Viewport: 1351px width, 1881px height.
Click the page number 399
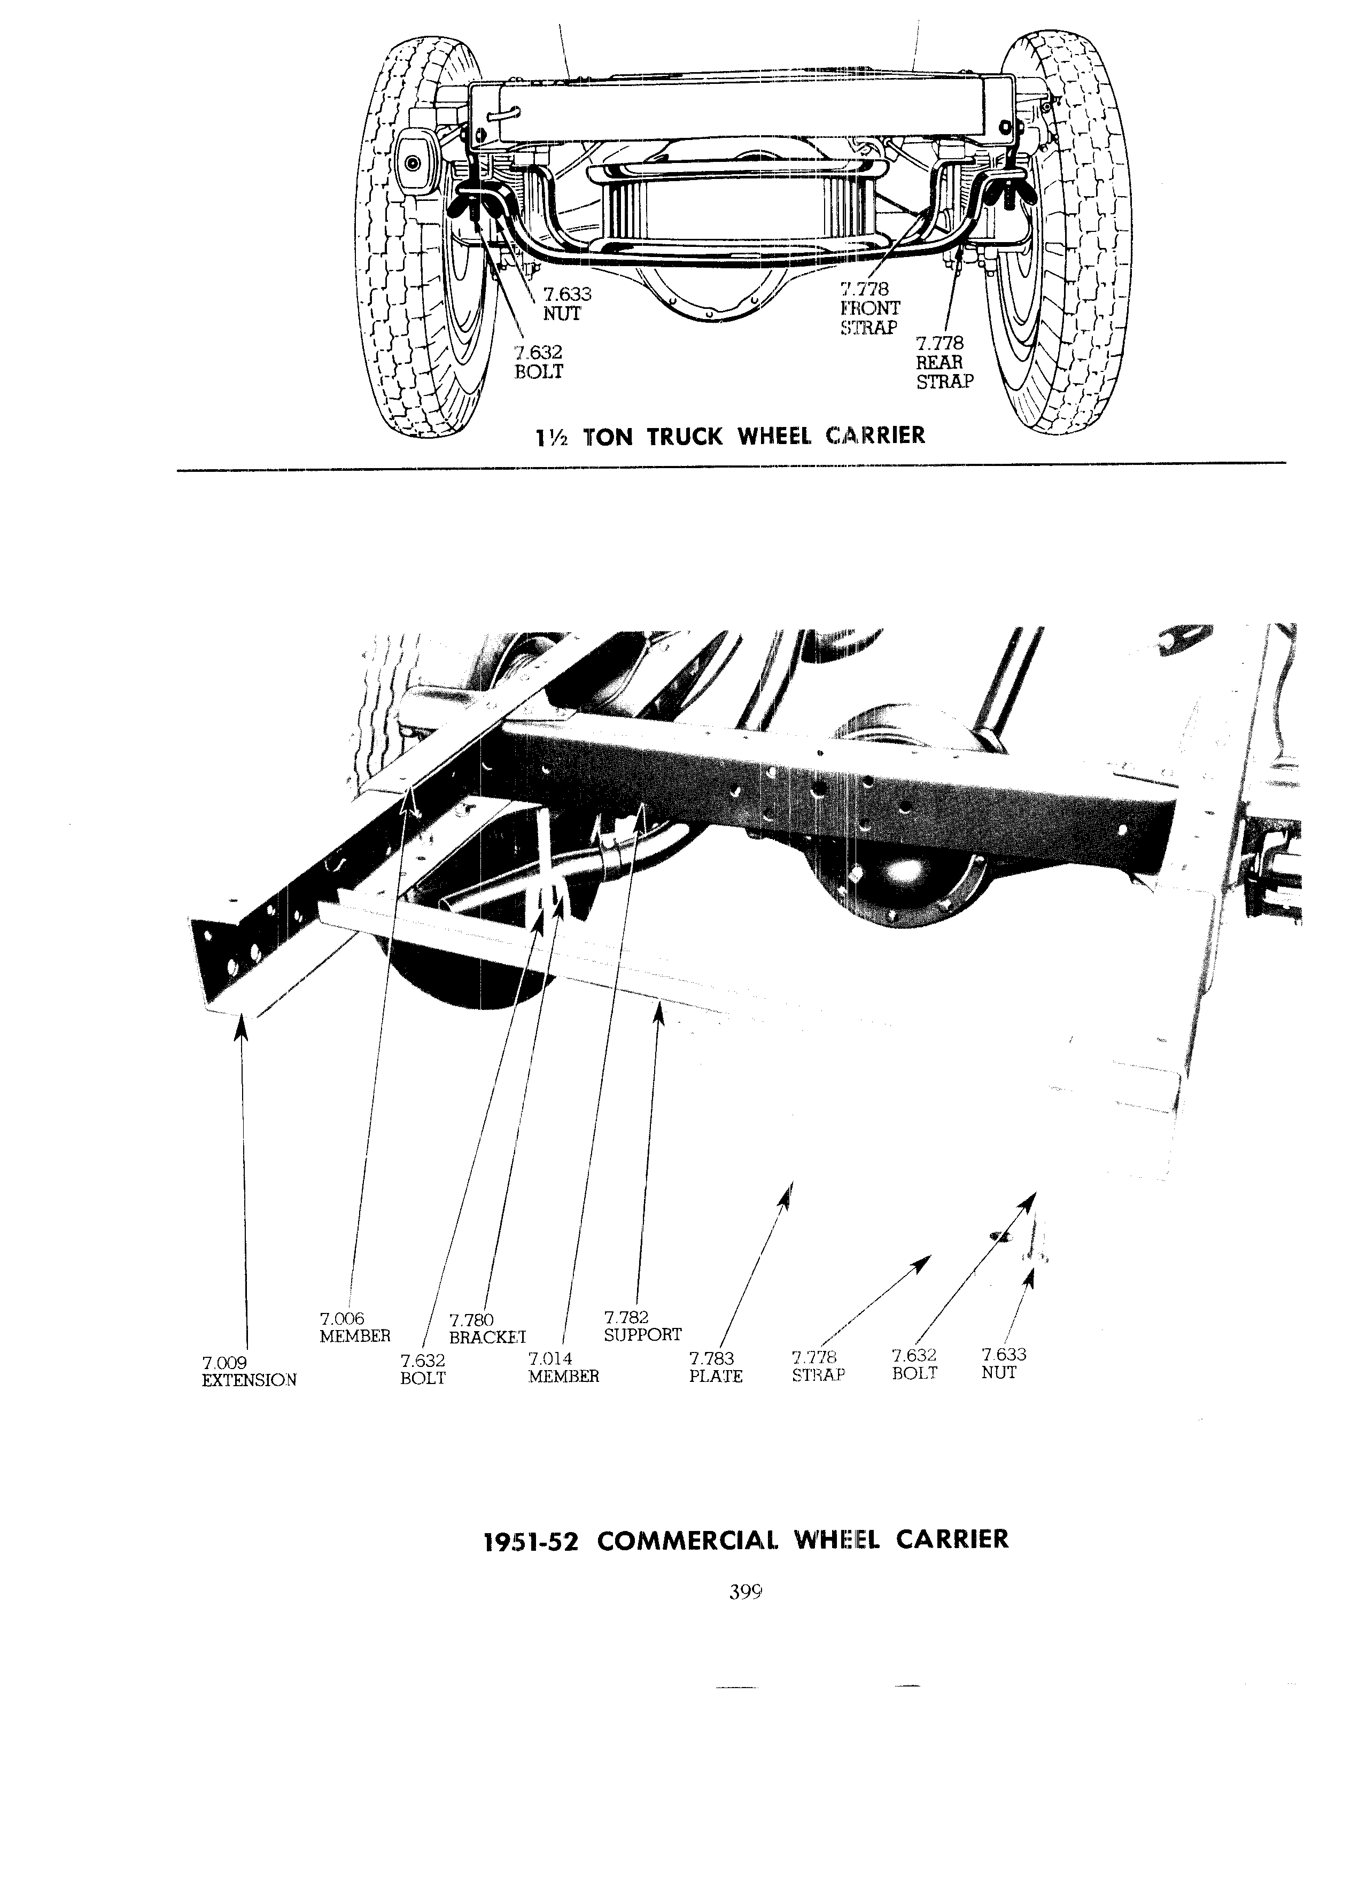745,1591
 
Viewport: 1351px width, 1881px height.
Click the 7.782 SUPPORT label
643,1326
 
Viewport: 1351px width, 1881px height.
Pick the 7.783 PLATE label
716,1367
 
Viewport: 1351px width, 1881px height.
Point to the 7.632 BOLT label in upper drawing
538,362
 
